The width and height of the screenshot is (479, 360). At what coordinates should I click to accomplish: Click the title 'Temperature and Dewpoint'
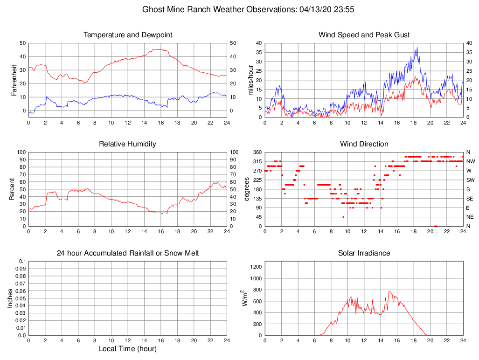(x=127, y=35)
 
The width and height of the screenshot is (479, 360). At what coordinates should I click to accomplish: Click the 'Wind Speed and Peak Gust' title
(x=364, y=35)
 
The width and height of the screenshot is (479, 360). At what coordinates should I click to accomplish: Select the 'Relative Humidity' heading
(x=127, y=144)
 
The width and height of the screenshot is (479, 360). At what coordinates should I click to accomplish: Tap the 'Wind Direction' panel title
(x=364, y=144)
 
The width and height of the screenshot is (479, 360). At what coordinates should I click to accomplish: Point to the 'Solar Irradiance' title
(x=364, y=253)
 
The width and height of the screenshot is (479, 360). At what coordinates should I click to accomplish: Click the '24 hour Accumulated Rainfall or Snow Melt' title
(x=127, y=253)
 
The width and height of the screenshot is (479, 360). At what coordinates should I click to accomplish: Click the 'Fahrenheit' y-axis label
(x=14, y=80)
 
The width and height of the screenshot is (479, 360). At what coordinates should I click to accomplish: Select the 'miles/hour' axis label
(x=250, y=80)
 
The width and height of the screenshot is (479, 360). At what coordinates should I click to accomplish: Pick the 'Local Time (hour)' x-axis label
(x=127, y=349)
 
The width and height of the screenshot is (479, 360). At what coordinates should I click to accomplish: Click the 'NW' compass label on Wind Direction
(x=470, y=161)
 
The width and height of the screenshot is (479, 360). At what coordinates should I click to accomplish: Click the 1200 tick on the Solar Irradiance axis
(x=256, y=267)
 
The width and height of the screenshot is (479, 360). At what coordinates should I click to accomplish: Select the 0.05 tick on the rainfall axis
(x=20, y=298)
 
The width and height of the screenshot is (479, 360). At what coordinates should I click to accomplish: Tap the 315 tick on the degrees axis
(x=257, y=161)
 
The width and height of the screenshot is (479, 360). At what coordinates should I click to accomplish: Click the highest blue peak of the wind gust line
(x=417, y=47)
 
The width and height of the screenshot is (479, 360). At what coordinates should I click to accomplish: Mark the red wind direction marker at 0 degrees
(x=436, y=226)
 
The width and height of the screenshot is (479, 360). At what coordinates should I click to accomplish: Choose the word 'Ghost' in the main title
(x=153, y=9)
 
